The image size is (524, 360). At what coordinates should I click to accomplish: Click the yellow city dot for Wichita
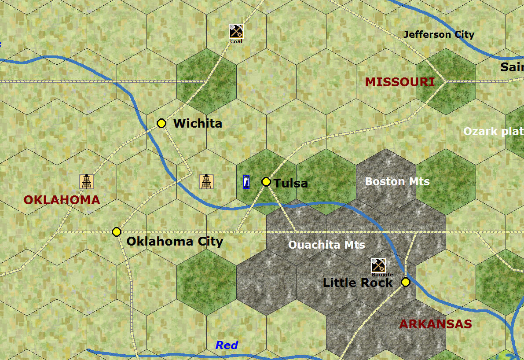161,123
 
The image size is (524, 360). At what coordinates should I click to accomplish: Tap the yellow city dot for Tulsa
266,182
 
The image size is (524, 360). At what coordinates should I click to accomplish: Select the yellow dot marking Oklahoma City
117,232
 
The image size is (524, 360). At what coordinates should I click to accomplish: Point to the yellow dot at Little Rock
405,282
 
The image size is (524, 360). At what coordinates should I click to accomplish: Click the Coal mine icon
236,31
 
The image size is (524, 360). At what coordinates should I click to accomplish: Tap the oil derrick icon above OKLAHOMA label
87,181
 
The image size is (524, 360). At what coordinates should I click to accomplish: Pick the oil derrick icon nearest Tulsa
206,181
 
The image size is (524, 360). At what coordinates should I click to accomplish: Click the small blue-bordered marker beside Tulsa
247,182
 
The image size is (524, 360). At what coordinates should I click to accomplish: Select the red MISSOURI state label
400,82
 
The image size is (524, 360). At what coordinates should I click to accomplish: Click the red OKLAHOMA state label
62,200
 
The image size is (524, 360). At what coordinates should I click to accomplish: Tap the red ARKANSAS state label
435,324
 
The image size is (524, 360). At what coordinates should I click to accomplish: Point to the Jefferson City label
439,34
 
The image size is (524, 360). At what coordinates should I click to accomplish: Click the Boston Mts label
397,181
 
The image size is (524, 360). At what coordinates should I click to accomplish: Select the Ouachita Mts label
326,245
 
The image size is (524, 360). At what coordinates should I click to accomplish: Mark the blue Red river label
227,345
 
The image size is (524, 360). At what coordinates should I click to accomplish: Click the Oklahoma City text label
175,241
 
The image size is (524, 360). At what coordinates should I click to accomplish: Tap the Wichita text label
198,123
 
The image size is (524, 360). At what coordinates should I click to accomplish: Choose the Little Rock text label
357,283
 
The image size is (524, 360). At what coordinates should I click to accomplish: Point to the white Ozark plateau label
493,131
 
